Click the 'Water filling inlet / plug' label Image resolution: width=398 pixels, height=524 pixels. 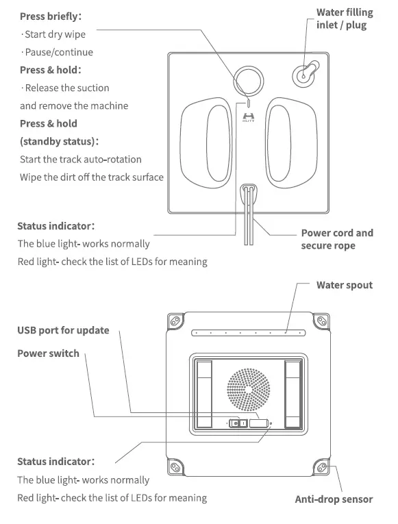[x=344, y=19]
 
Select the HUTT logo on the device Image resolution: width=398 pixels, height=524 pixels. [x=248, y=118]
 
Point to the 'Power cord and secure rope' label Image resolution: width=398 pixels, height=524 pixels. [x=337, y=239]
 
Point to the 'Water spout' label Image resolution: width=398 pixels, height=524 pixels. [x=344, y=285]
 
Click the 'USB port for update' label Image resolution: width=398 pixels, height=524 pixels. [x=63, y=330]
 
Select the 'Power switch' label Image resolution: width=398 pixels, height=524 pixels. [x=48, y=353]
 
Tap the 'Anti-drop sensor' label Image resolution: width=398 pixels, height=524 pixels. [x=334, y=499]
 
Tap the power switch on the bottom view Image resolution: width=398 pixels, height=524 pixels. [x=237, y=424]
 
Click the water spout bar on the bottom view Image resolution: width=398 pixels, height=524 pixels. [x=248, y=334]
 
